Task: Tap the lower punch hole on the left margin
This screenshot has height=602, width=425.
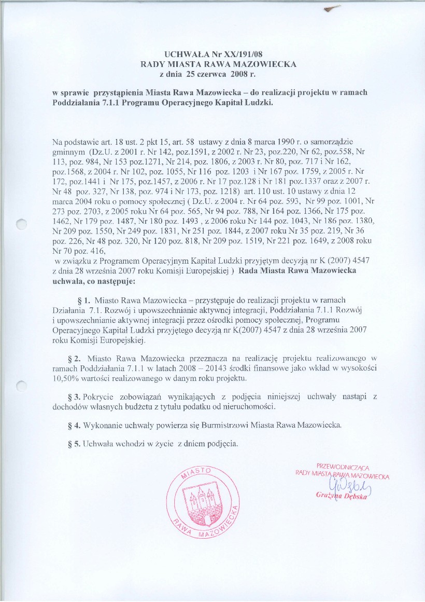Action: [21, 385]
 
